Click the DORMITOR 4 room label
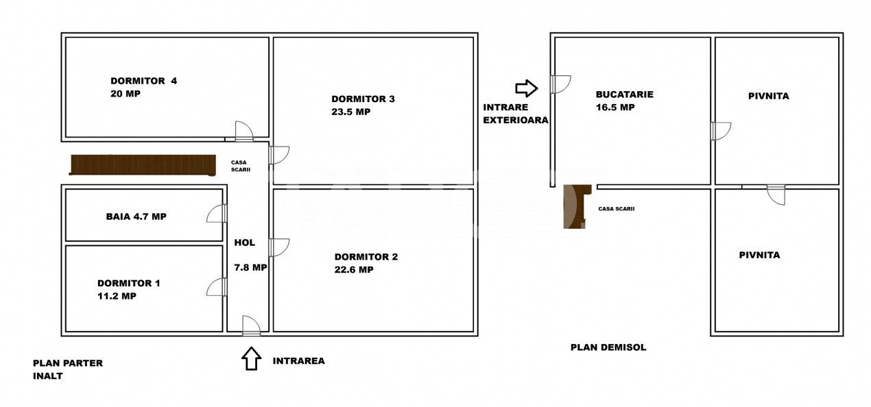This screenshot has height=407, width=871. [143, 81]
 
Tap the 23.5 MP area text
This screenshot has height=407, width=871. [350, 112]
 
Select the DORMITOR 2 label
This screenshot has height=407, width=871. [366, 257]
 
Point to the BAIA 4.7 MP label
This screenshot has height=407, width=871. [136, 217]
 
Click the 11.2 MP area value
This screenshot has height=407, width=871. [117, 296]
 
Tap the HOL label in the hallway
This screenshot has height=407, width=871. [245, 243]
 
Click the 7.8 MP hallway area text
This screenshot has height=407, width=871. [250, 268]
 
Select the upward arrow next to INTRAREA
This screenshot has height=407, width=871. [251, 358]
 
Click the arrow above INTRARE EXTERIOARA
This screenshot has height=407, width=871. [527, 88]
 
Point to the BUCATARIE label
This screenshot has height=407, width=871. [625, 95]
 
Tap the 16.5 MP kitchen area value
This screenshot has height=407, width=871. [615, 107]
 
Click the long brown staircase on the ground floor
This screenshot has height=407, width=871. [143, 165]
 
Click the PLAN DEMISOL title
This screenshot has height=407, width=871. [608, 347]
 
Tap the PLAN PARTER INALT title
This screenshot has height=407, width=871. [68, 369]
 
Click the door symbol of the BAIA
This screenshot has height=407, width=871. [217, 213]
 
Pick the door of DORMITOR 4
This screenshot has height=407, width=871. [244, 132]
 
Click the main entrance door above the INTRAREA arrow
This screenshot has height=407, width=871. [251, 325]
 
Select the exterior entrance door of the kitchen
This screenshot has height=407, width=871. [560, 84]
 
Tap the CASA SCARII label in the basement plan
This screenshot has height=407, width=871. [617, 209]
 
